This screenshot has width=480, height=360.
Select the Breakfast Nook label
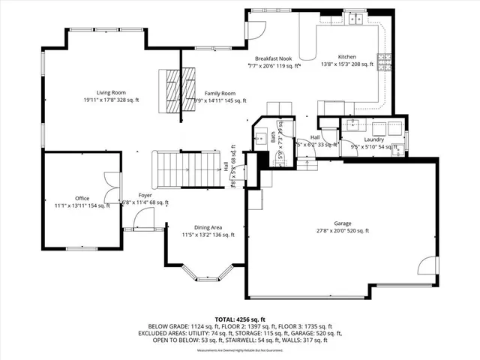pyautogui.click(x=272, y=58)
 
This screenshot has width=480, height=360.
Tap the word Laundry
pyautogui.click(x=373, y=139)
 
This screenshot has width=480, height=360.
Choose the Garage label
pyautogui.click(x=343, y=223)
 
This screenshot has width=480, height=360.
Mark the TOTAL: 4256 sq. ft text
pyautogui.click(x=239, y=318)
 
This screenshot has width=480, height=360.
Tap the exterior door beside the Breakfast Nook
pyautogui.click(x=256, y=30)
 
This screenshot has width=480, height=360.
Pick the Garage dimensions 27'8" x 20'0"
pyautogui.click(x=343, y=231)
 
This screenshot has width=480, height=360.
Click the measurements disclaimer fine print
pyautogui.click(x=239, y=350)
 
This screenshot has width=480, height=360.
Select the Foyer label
pyautogui.click(x=145, y=194)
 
